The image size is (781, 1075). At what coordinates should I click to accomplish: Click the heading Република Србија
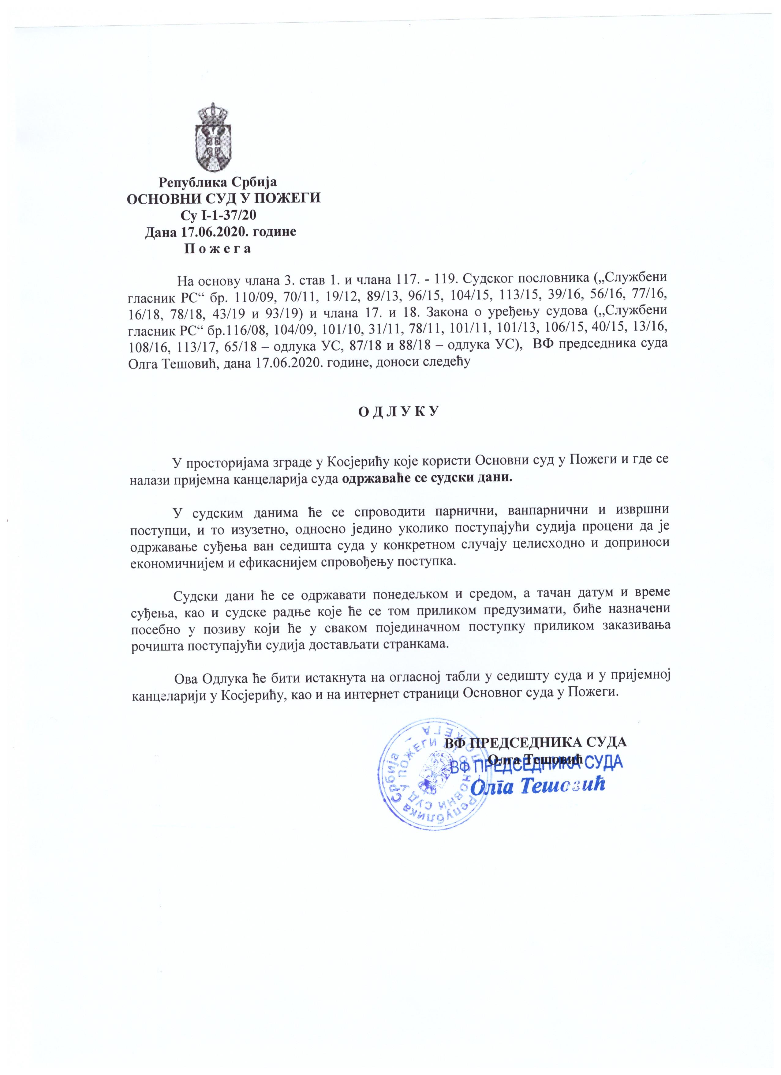(x=218, y=182)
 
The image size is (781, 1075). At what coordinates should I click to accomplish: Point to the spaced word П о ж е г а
(x=217, y=248)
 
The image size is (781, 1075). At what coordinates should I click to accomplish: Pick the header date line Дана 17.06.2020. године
(x=221, y=232)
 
